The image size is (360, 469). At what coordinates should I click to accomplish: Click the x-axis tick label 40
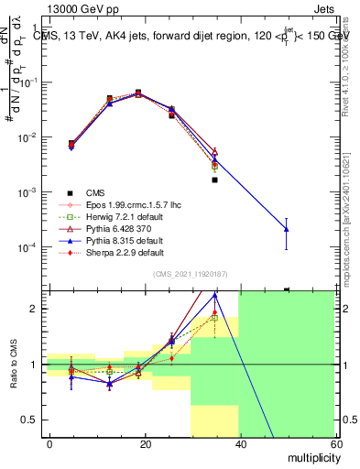pyautogui.click(x=240, y=442)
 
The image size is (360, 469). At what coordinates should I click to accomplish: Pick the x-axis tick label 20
pyautogui.click(x=145, y=442)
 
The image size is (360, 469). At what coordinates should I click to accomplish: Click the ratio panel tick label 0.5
pyautogui.click(x=29, y=420)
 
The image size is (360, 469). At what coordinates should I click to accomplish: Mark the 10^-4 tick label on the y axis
pyautogui.click(x=27, y=247)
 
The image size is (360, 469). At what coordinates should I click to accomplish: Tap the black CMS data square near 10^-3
pyautogui.click(x=214, y=180)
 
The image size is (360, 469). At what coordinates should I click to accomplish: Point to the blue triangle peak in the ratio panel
pyautogui.click(x=214, y=296)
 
